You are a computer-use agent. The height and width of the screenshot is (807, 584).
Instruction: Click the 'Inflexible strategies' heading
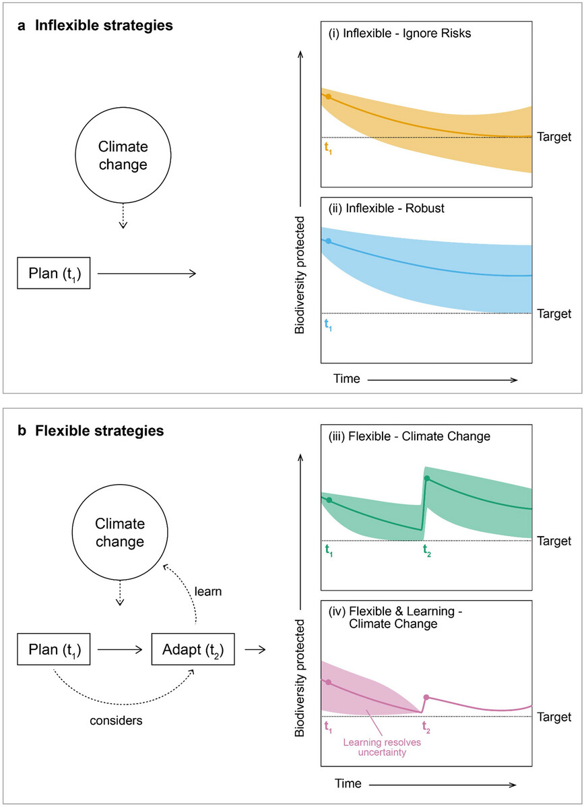pyautogui.click(x=104, y=26)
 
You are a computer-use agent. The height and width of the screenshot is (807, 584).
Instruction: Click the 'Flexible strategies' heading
pyautogui.click(x=99, y=431)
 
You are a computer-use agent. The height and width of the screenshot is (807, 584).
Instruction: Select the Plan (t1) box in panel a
pyautogui.click(x=53, y=273)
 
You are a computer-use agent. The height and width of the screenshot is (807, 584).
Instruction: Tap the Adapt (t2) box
pyautogui.click(x=193, y=649)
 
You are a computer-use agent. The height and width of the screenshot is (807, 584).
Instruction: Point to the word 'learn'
pyautogui.click(x=207, y=591)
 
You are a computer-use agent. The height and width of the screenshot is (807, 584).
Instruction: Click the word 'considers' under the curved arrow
pyautogui.click(x=116, y=721)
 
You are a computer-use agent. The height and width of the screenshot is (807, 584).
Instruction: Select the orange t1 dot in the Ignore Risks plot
pyautogui.click(x=329, y=96)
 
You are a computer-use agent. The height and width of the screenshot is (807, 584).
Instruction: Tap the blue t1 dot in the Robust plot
pyautogui.click(x=329, y=241)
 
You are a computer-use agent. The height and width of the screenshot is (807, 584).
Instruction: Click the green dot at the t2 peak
pyautogui.click(x=426, y=478)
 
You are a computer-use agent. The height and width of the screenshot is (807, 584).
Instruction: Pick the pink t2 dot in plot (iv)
pyautogui.click(x=426, y=697)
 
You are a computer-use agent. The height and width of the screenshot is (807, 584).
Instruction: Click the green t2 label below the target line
pyautogui.click(x=426, y=551)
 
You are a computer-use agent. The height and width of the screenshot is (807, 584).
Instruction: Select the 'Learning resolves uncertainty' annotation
pyautogui.click(x=382, y=747)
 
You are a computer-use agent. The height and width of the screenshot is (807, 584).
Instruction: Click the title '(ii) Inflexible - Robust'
pyautogui.click(x=387, y=208)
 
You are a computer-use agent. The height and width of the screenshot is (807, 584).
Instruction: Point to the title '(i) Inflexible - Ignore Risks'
pyautogui.click(x=399, y=34)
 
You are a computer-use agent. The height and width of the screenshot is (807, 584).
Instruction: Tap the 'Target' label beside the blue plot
pyautogui.click(x=554, y=314)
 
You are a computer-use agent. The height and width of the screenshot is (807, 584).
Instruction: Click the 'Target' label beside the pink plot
pyautogui.click(x=554, y=717)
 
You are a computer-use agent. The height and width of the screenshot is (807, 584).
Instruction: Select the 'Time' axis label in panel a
pyautogui.click(x=346, y=379)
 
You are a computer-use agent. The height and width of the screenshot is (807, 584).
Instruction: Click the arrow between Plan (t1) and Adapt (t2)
pyautogui.click(x=120, y=649)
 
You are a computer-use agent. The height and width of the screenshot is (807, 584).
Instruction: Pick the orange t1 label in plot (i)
pyautogui.click(x=328, y=148)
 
